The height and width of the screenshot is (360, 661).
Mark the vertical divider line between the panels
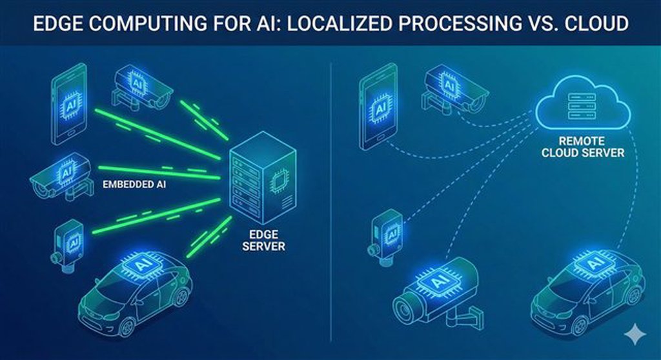(x=330, y=194)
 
